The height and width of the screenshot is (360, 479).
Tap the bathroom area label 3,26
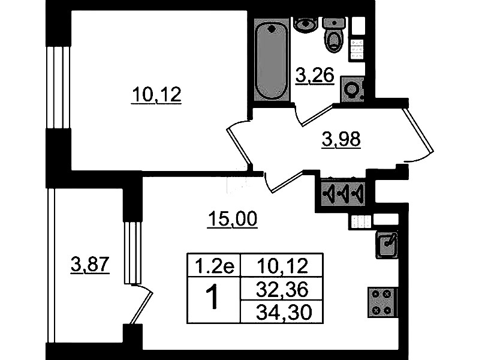[315, 75]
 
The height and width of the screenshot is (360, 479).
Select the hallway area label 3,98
[341, 139]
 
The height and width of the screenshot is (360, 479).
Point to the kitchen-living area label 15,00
[232, 219]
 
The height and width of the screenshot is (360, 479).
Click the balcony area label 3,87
[90, 265]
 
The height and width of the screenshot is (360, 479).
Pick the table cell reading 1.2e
[214, 265]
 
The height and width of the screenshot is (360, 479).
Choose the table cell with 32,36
[282, 289]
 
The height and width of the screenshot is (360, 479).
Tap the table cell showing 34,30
[282, 311]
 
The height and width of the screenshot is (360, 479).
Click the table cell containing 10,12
[282, 265]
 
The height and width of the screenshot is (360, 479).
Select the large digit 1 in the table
[213, 296]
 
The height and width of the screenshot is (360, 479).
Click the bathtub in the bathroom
[272, 61]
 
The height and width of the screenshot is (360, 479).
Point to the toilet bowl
[334, 35]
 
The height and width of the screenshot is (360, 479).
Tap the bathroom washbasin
[306, 24]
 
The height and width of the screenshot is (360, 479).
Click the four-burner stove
[382, 302]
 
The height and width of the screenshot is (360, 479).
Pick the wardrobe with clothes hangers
[344, 193]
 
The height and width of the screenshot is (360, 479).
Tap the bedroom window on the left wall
[58, 88]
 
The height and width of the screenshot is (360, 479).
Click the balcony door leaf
[141, 307]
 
